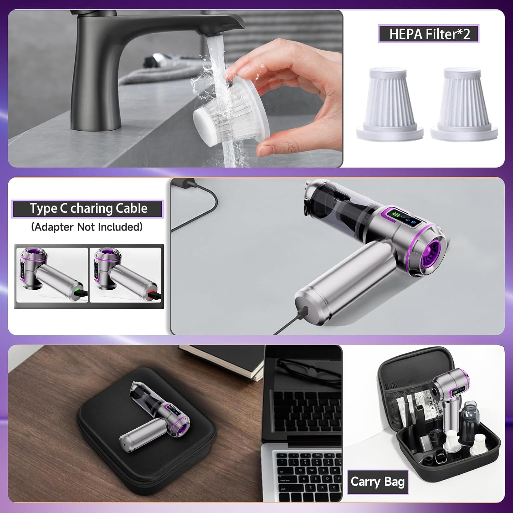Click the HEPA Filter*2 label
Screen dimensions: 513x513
[x=429, y=34]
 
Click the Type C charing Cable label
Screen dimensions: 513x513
[x=88, y=209]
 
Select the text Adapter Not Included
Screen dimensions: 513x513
[x=87, y=227]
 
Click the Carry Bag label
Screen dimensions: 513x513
[x=378, y=482]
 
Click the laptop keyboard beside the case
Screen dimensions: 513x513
[x=308, y=472]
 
